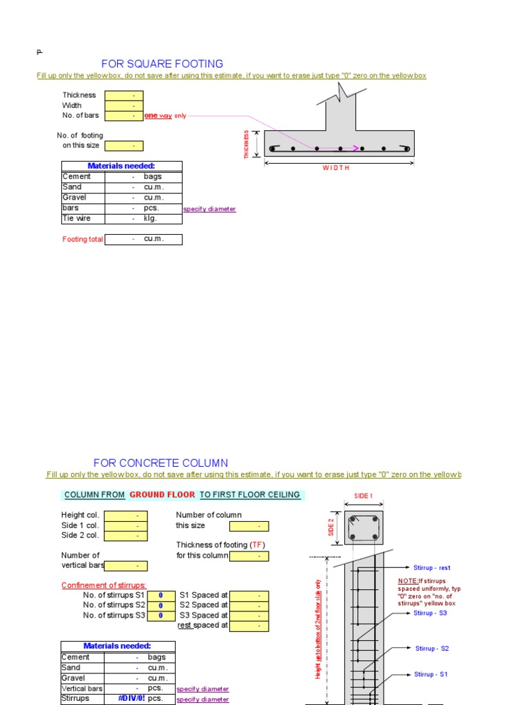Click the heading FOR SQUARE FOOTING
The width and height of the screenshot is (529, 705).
point(162,64)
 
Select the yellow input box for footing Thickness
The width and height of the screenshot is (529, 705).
point(123,95)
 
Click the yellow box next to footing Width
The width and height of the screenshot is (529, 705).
point(123,105)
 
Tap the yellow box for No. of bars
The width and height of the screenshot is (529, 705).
point(123,116)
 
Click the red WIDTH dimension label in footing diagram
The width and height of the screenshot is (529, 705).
point(337,168)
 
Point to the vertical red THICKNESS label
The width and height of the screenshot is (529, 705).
point(246,145)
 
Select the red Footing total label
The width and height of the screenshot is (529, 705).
point(83,240)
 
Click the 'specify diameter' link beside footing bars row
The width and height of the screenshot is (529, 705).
point(209,209)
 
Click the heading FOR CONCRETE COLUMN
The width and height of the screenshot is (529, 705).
point(160,463)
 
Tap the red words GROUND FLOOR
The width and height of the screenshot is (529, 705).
point(162,494)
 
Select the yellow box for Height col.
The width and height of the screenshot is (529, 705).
point(125,515)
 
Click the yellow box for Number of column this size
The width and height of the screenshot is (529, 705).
point(249,526)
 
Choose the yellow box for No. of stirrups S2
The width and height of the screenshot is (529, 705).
point(160,605)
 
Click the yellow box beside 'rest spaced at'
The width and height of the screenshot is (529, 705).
point(249,626)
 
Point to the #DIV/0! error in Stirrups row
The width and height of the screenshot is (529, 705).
point(131,698)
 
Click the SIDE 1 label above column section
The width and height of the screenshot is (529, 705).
point(363,496)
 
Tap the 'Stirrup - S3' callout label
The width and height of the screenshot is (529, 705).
point(431,613)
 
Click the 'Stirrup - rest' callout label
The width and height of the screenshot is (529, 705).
point(432,568)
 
